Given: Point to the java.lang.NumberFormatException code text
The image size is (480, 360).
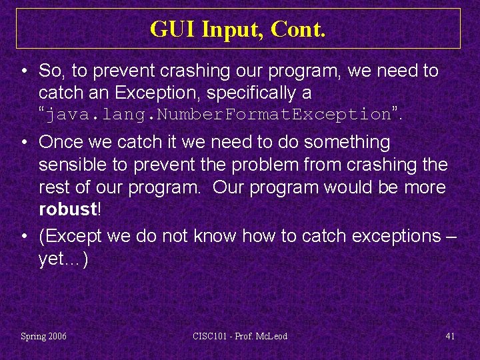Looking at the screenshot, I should [219, 114].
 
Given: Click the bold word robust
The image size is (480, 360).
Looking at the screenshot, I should [68, 209].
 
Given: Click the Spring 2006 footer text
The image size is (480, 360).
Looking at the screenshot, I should [44, 336].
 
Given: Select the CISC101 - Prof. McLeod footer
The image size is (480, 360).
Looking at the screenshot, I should [240, 336].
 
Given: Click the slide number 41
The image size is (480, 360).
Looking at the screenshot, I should [450, 336].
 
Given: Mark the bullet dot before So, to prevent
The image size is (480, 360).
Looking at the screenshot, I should [23, 71].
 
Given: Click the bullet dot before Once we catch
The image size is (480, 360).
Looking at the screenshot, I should [23, 142].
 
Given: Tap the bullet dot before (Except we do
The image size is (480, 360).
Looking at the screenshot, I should [23, 236].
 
